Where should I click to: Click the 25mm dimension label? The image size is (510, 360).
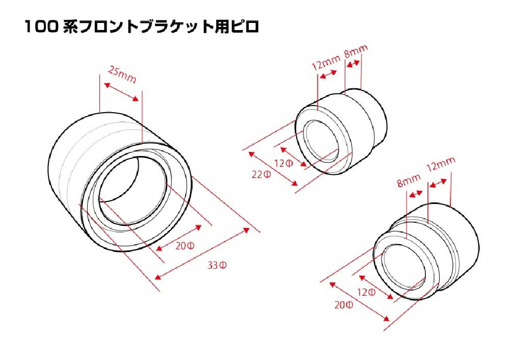point(122,75)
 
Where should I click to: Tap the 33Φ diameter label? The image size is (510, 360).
point(217,265)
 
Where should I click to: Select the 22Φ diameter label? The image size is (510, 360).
point(261,174)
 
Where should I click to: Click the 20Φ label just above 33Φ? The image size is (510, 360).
point(185,246)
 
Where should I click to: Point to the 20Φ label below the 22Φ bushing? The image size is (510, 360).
point(343,305)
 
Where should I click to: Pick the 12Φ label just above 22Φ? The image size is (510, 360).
point(284,163)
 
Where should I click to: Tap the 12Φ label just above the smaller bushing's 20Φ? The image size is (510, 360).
point(366,292)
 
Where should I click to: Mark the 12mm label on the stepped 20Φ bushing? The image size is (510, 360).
point(441,165)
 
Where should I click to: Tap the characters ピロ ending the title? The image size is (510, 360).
point(245,27)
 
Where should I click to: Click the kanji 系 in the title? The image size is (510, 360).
point(70,27)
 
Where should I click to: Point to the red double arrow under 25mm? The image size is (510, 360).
point(121,92)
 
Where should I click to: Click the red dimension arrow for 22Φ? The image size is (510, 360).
point(273,169)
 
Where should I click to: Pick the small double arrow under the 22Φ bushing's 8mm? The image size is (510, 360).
point(353,64)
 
